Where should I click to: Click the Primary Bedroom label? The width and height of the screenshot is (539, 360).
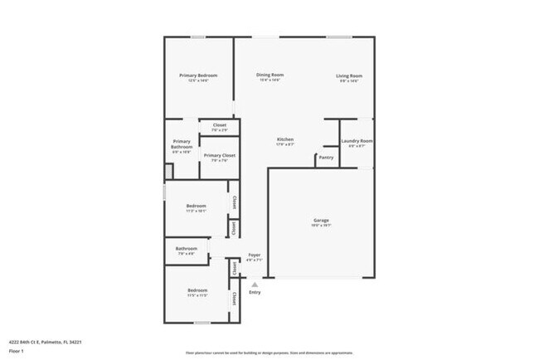click(x=197, y=75)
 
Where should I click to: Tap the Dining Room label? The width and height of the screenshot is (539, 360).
click(x=270, y=75)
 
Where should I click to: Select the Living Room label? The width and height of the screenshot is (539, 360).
click(x=349, y=75)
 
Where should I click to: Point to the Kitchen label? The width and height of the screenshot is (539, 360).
click(x=284, y=139)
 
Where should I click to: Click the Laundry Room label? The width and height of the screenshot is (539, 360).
click(x=357, y=141)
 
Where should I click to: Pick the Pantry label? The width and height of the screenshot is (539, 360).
click(x=327, y=157)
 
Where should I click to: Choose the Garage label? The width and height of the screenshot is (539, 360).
click(x=321, y=220)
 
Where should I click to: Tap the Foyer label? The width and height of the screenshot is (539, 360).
click(x=255, y=255)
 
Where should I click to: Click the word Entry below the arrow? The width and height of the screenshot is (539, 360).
click(x=255, y=292)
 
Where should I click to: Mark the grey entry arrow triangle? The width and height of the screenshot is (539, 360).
click(x=255, y=284)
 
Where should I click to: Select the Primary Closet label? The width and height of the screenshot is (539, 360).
click(x=220, y=155)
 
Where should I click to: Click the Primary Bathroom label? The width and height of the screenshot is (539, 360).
click(x=182, y=144)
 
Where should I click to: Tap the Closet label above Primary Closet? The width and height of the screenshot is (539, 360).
click(x=219, y=125)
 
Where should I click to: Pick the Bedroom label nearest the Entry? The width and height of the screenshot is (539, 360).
click(x=197, y=289)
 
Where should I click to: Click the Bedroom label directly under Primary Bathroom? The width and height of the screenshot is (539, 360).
click(x=197, y=206)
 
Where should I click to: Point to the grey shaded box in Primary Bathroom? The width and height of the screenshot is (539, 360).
click(x=169, y=170)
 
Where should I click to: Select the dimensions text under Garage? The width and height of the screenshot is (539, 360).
click(x=321, y=226)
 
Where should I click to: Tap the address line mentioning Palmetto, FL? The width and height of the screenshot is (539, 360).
click(x=46, y=342)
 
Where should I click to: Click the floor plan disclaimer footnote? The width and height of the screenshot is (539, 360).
click(x=269, y=352)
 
